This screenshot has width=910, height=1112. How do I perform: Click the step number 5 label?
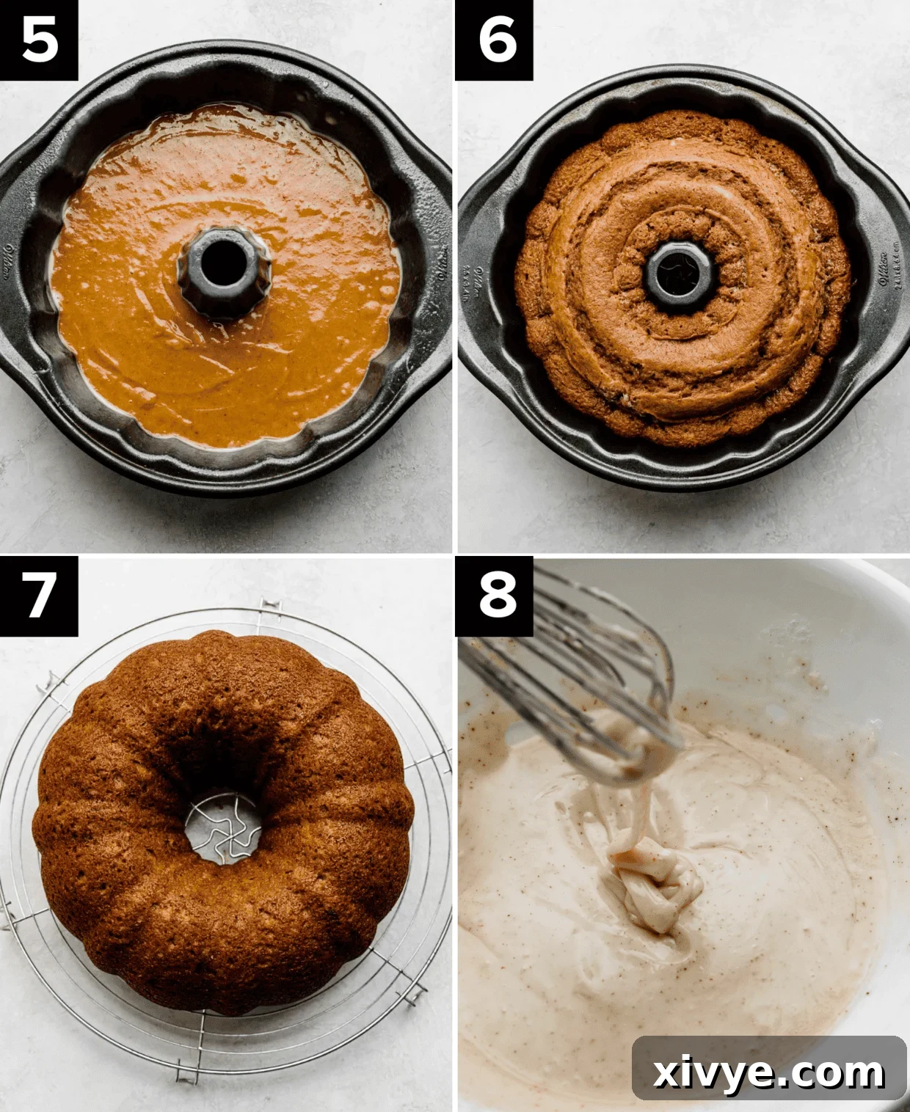coord(39,40)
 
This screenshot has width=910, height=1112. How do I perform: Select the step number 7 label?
coord(39,595)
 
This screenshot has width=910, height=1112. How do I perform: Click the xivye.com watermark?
coord(768,1072)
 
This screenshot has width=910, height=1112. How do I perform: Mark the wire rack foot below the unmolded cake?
coord(189,1070)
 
